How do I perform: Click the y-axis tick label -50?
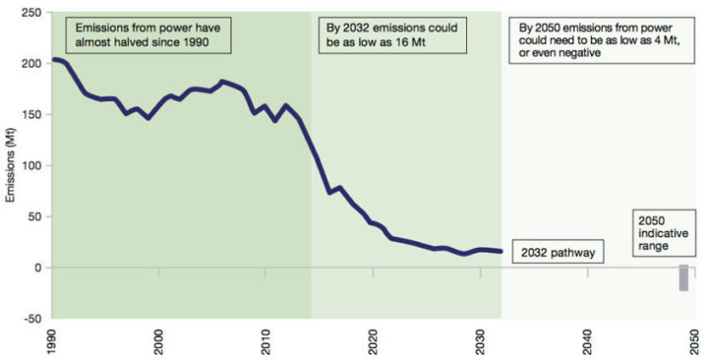pos(31,318)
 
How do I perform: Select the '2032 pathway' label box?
pos(557,253)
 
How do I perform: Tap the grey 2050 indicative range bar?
pos(683,277)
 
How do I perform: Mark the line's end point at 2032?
pos(501,252)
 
